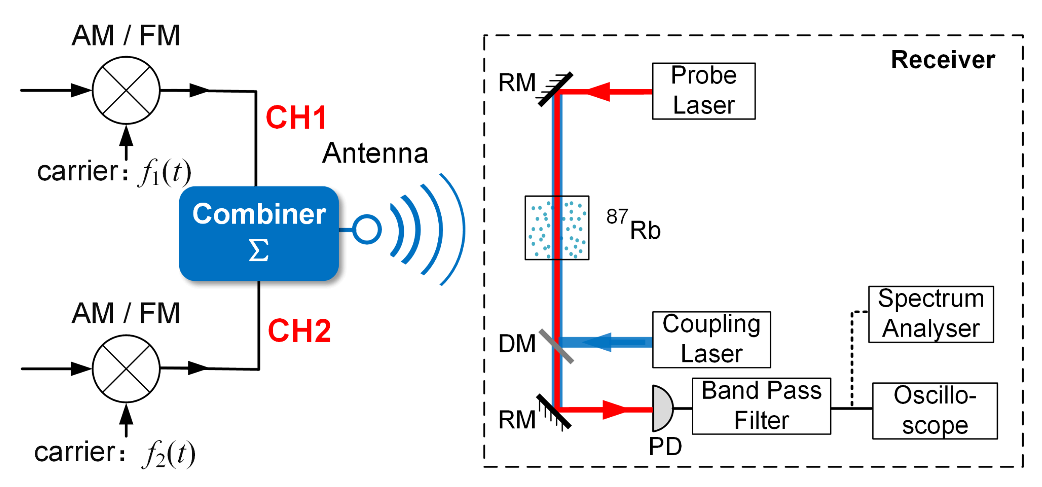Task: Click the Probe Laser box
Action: click(x=703, y=91)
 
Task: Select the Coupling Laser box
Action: click(x=711, y=339)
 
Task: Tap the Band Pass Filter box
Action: click(x=761, y=406)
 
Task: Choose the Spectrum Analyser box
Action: click(x=931, y=314)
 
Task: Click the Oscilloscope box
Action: click(x=934, y=411)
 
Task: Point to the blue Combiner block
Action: click(x=259, y=233)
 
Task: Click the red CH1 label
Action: click(x=296, y=117)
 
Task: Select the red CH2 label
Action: click(x=299, y=331)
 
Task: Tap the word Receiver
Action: click(x=942, y=59)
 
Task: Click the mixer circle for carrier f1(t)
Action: click(x=126, y=90)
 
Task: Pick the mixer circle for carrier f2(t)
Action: click(x=126, y=368)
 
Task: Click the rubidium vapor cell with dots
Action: click(x=557, y=228)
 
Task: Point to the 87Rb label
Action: click(x=633, y=224)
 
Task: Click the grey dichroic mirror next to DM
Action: click(x=556, y=346)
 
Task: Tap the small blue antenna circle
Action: click(x=366, y=229)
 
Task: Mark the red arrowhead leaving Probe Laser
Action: click(x=599, y=91)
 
